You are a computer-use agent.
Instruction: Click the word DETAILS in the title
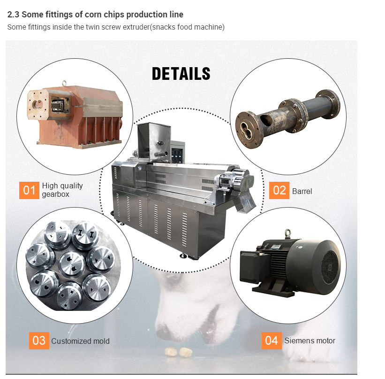point(181,74)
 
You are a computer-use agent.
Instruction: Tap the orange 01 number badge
point(29,190)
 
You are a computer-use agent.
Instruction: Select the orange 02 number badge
point(279,190)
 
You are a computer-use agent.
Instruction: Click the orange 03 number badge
point(39,340)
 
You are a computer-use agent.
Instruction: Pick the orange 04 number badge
point(272,340)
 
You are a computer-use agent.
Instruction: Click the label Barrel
point(302,191)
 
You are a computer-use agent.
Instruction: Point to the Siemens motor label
point(310,340)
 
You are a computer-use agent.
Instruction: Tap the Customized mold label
point(81,341)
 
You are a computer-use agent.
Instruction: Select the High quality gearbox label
point(62,190)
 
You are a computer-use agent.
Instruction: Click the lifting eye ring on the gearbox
point(64,83)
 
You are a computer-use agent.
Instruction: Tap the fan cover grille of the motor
point(330,267)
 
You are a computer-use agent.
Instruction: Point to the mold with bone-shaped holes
point(85,234)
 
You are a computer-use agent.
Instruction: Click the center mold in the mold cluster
point(72,264)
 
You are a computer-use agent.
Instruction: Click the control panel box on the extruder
point(178,152)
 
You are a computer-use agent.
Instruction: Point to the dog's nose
point(164,330)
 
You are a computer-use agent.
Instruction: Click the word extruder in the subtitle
point(136,27)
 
